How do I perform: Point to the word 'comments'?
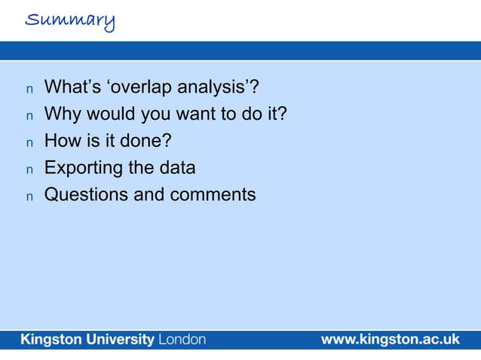click(212, 194)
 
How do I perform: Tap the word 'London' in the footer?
click(180, 340)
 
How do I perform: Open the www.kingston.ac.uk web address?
click(390, 340)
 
